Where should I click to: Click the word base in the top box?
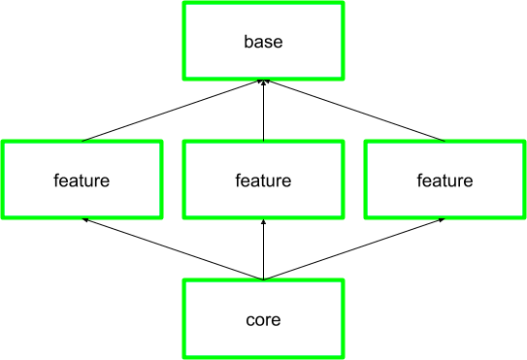tap(263, 42)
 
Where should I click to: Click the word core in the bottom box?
tap(263, 319)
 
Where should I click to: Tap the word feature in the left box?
tap(82, 180)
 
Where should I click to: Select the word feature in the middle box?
tap(263, 180)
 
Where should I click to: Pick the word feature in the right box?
tap(445, 180)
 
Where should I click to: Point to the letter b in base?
tap(247, 42)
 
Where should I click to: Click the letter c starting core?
tap(249, 320)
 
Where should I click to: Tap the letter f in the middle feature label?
tap(238, 180)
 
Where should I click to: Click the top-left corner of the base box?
tap(183, 3)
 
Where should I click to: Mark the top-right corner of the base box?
tap(343, 3)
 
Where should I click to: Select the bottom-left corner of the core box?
tap(183, 356)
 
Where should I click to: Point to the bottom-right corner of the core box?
tap(343, 356)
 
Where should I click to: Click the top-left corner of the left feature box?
tap(2, 142)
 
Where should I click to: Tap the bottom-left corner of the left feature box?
tap(2, 217)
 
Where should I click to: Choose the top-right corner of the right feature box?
tap(524, 142)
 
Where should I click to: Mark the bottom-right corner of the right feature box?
tap(524, 217)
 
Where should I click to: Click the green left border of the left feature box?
tap(2, 180)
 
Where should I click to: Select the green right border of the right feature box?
tap(524, 180)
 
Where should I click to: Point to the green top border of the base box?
tap(263, 3)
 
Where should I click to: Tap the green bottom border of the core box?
tap(263, 356)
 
